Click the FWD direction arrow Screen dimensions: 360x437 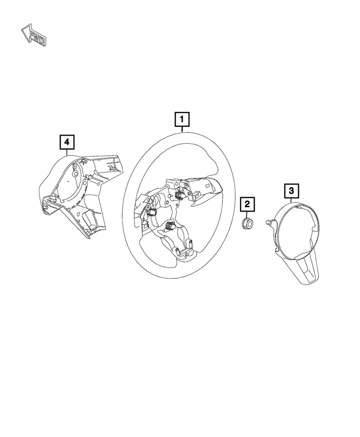34,35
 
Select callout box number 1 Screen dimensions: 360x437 182,120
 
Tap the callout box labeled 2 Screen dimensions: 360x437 247,204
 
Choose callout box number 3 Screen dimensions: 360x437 291,191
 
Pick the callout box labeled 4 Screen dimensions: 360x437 67,142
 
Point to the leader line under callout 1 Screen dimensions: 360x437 182,129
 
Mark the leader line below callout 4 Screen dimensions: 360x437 67,152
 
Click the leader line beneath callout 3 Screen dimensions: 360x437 291,200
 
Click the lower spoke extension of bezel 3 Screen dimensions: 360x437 307,269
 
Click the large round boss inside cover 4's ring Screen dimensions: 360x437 76,173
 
